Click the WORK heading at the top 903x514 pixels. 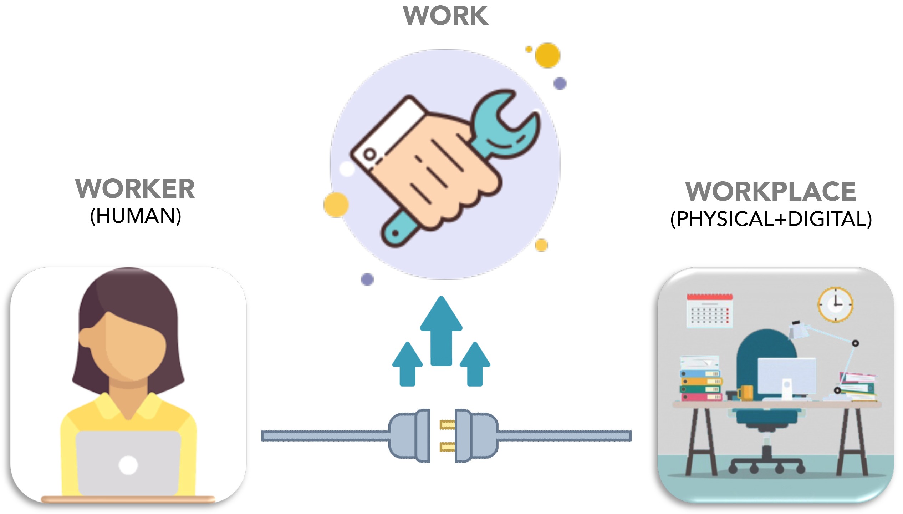pyautogui.click(x=445, y=16)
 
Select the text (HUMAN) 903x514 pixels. pyautogui.click(x=136, y=216)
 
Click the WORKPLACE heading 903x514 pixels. pyautogui.click(x=770, y=191)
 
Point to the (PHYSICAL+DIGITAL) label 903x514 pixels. pyautogui.click(x=771, y=219)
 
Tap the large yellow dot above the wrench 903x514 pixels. pyautogui.click(x=547, y=55)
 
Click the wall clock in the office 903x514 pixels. pyautogui.click(x=835, y=304)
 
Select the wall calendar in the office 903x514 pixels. pyautogui.click(x=709, y=311)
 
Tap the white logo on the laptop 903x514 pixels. pyautogui.click(x=128, y=465)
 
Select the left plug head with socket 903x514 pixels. pyautogui.click(x=409, y=436)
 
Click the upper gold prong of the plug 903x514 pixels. pyautogui.click(x=447, y=424)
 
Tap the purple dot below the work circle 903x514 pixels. pyautogui.click(x=367, y=279)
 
